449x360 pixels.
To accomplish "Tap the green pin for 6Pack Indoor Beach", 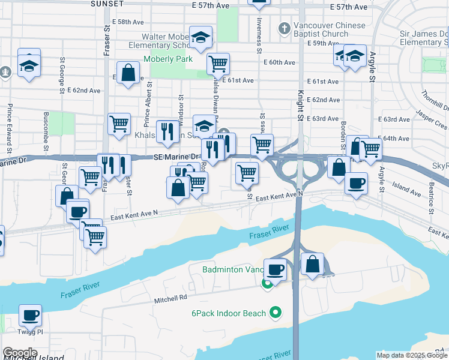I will pos(276,312).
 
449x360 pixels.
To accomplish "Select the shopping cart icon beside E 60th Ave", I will pos(218,63).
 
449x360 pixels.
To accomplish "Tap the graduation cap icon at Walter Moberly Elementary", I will pos(200,37).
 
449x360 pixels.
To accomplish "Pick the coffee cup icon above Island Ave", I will pos(357,183).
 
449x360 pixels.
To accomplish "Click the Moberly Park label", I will pos(168,59).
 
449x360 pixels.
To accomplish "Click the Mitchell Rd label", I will pos(170,297).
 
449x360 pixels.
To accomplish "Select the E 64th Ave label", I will pos(394,139).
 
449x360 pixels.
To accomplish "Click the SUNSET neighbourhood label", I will pos(107,4).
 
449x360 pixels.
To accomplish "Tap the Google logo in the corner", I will pos(20,353).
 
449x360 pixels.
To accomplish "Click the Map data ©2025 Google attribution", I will pos(412,355).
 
